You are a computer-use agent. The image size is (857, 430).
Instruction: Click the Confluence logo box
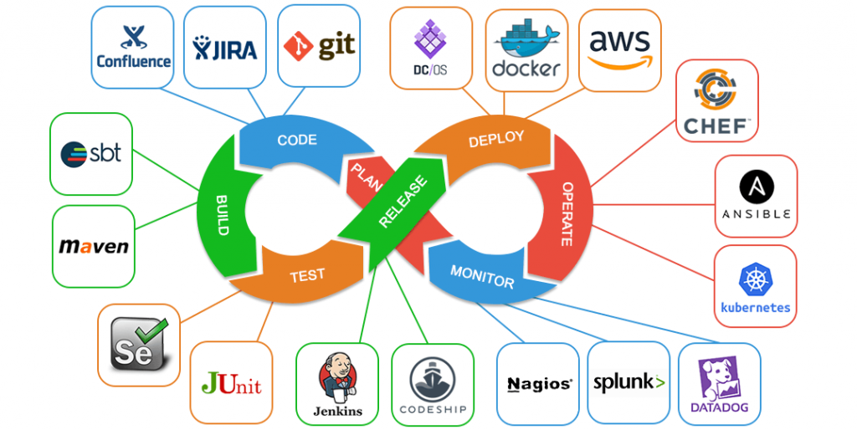pyautogui.click(x=133, y=47)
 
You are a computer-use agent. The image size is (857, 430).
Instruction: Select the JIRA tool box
pyautogui.click(x=225, y=47)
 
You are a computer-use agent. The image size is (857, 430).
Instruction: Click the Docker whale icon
pyautogui.click(x=526, y=38)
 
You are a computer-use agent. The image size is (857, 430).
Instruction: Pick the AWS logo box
pyautogui.click(x=619, y=49)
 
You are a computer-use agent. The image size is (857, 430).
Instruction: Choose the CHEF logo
pyautogui.click(x=717, y=100)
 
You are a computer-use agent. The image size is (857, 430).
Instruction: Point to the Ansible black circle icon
pyautogui.click(x=756, y=185)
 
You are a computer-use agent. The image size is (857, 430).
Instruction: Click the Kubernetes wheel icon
pyautogui.click(x=755, y=279)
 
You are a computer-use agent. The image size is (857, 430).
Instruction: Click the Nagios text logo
pyautogui.click(x=539, y=385)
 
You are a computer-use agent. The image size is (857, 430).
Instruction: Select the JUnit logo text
pyautogui.click(x=232, y=384)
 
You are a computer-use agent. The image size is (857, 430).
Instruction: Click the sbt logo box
pyautogui.click(x=91, y=153)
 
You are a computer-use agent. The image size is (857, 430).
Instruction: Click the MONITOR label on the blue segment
pyautogui.click(x=482, y=277)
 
